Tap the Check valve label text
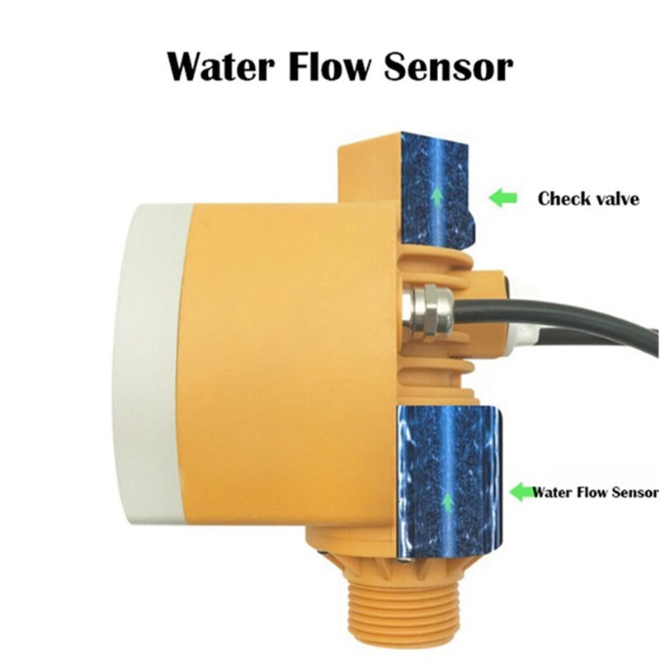point(587,199)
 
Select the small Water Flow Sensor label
point(595,493)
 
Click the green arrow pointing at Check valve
point(502,198)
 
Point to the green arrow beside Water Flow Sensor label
point(521,493)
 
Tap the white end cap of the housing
point(152,363)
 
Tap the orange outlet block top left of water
point(370,169)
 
